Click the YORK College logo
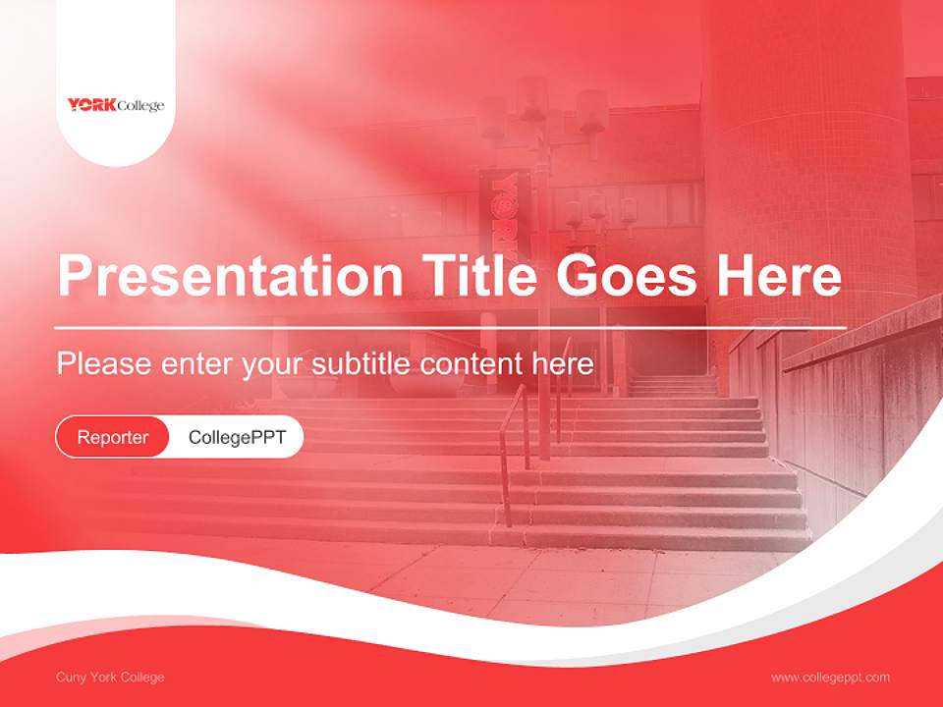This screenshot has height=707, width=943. [116, 105]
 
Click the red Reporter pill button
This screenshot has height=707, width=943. [113, 437]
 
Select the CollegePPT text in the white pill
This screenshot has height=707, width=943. [237, 437]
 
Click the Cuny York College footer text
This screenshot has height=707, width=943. [110, 678]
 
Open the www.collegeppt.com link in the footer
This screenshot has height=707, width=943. [830, 678]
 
